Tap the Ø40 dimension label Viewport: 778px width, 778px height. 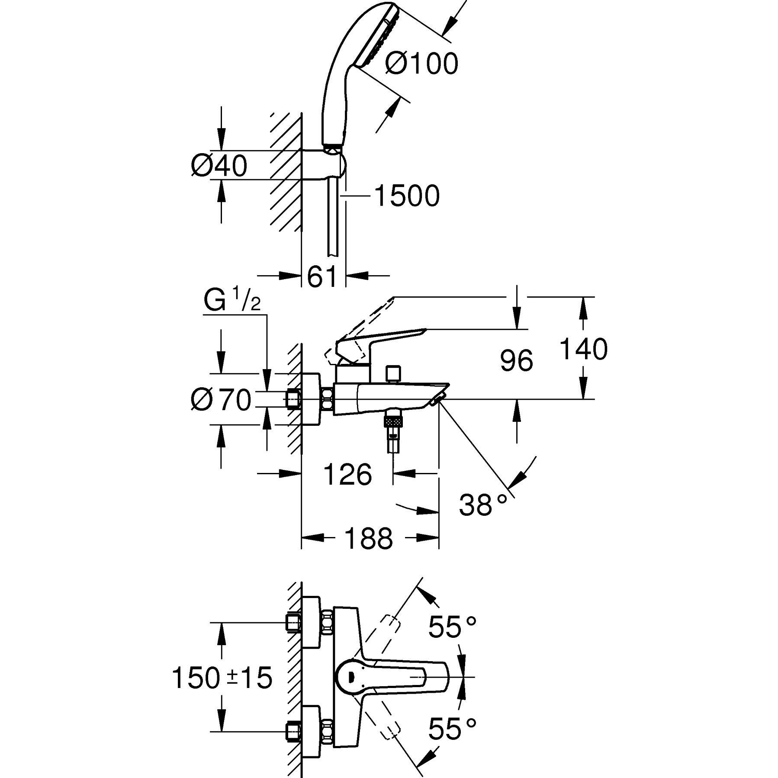click(219, 166)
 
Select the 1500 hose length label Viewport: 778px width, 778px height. click(406, 196)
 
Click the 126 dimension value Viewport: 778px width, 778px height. click(347, 475)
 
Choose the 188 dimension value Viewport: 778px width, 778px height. click(368, 539)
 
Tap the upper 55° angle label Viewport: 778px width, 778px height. click(452, 627)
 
